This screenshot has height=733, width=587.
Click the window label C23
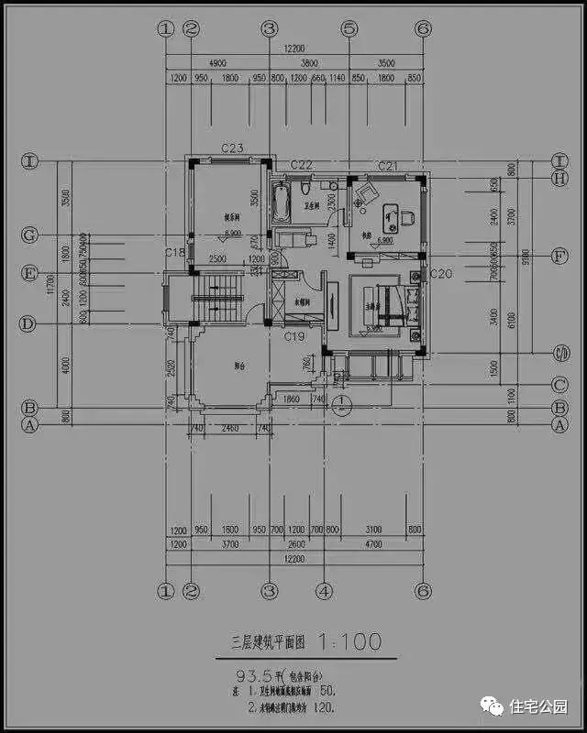[231, 148]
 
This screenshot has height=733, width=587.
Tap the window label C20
[441, 274]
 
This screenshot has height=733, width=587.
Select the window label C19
[293, 338]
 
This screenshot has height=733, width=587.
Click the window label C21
[388, 165]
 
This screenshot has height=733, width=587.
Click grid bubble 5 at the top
[349, 28]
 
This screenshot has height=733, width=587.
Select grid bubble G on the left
[29, 235]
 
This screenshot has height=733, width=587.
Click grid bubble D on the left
[29, 323]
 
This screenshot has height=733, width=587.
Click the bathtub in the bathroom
[281, 199]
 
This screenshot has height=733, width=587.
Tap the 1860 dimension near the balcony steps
[292, 399]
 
